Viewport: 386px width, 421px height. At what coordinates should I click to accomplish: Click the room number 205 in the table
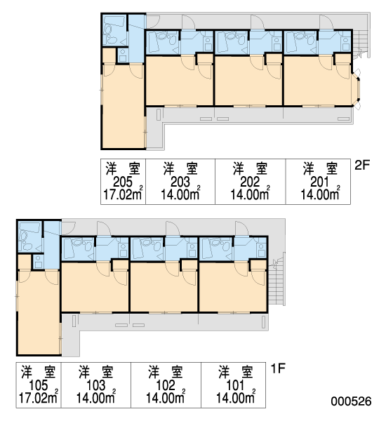[123, 182]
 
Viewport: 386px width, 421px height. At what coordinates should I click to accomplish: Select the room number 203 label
[180, 182]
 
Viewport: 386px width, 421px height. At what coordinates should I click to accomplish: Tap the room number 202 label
[250, 182]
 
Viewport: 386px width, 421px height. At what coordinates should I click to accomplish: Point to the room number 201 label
[319, 182]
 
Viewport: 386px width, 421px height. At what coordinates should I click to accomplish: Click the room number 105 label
[39, 385]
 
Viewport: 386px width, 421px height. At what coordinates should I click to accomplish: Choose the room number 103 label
[96, 385]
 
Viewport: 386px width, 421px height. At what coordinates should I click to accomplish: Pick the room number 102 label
[166, 385]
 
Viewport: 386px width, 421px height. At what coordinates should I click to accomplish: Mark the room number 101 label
[235, 385]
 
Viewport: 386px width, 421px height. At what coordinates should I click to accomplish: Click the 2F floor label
[362, 165]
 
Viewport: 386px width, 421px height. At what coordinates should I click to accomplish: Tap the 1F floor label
[278, 368]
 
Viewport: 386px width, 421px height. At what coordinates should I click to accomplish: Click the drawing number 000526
[351, 401]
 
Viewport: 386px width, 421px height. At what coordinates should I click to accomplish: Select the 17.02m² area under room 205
[123, 194]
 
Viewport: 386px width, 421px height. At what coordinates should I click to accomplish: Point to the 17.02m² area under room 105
[39, 397]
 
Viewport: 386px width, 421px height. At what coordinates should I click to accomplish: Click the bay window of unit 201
[357, 89]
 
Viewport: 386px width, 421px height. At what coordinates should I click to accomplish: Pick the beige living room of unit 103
[95, 287]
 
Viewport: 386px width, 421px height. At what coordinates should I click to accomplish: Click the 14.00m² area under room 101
[236, 397]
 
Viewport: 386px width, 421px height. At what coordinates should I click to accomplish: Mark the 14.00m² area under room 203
[180, 194]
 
